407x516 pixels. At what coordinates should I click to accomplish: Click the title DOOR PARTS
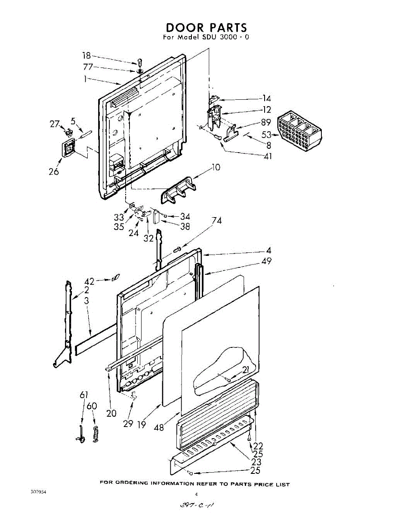207,27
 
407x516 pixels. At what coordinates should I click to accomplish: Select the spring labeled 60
96,433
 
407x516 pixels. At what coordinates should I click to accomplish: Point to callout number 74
217,220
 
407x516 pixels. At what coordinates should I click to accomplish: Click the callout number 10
216,167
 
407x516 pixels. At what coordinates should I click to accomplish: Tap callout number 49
266,261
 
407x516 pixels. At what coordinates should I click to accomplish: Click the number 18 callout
86,55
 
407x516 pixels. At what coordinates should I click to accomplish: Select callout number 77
88,67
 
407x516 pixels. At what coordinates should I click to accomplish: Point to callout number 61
84,395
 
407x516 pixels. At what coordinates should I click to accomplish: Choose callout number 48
159,428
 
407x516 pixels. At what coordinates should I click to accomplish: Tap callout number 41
268,156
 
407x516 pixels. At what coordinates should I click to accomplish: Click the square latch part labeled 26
69,148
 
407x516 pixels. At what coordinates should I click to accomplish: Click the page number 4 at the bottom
196,494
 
